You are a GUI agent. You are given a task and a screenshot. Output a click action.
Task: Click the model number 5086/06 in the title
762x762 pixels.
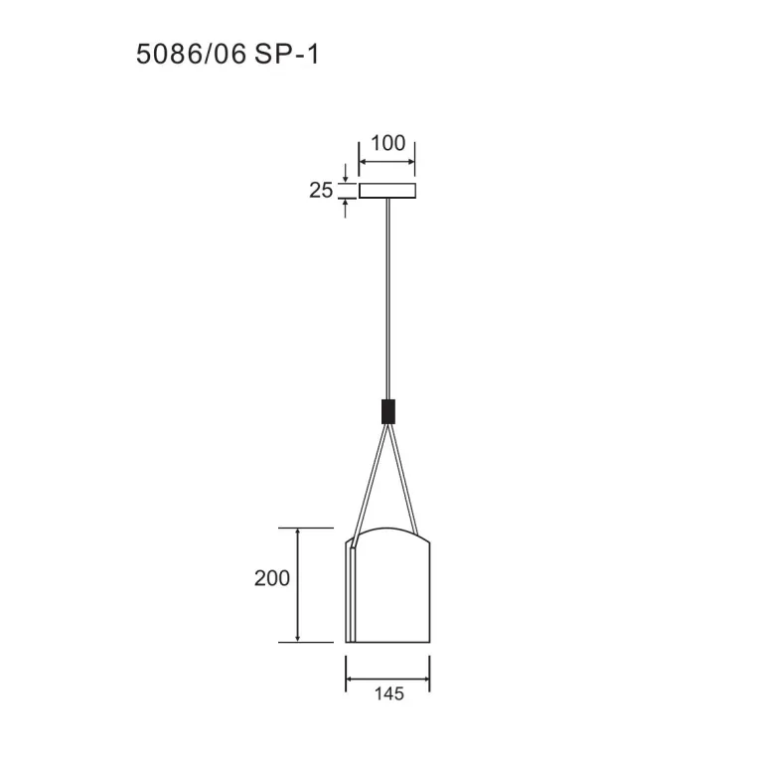tap(191, 54)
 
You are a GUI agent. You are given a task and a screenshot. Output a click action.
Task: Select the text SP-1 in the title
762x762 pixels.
tap(286, 54)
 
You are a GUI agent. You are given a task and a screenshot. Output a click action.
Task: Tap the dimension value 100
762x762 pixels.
tap(387, 143)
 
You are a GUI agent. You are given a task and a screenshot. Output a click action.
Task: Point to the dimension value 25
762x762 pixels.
tap(321, 190)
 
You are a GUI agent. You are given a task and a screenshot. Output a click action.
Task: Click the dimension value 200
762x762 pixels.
tap(272, 578)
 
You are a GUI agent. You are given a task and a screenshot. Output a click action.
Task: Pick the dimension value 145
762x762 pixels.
tap(388, 693)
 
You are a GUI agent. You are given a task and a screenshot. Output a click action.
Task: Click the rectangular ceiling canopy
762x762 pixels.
tap(387, 191)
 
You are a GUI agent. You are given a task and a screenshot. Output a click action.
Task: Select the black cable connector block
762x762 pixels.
tap(387, 411)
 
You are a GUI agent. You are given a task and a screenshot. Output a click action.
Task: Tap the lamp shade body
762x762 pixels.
tap(387, 584)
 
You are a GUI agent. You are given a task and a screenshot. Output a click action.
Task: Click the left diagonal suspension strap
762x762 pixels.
tap(371, 484)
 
